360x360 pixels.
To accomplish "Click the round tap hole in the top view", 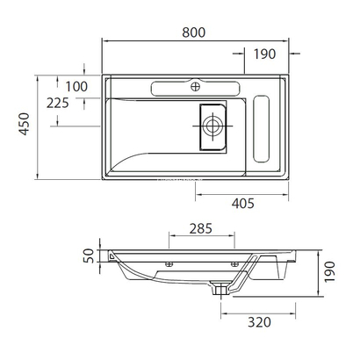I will click(x=196, y=88).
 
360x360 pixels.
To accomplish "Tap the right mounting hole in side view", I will click(x=234, y=264).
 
